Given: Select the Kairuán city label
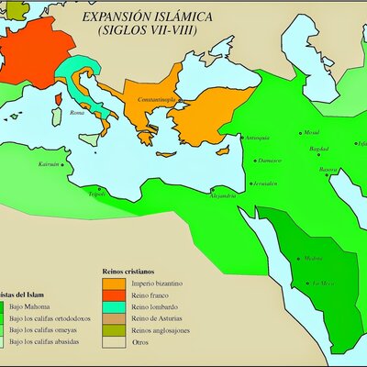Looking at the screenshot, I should click(48, 163).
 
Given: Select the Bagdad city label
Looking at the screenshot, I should click(318, 148).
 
